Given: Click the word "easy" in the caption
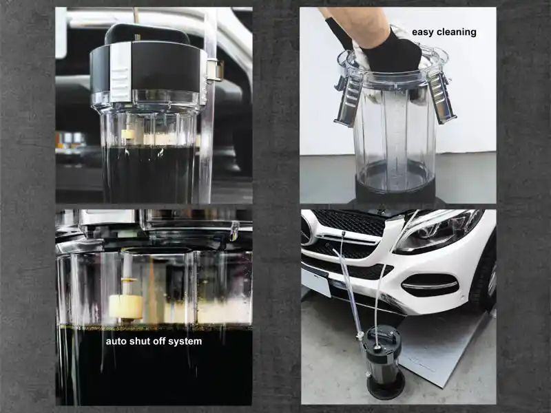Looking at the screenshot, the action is click(x=423, y=32).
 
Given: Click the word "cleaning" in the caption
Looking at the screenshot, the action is click(x=457, y=32).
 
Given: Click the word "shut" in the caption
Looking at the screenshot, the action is click(x=141, y=341).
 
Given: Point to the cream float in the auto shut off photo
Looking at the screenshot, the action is click(x=125, y=306).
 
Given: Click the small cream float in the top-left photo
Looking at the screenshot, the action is click(x=128, y=134).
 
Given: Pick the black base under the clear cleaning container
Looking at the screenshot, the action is click(x=395, y=191).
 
